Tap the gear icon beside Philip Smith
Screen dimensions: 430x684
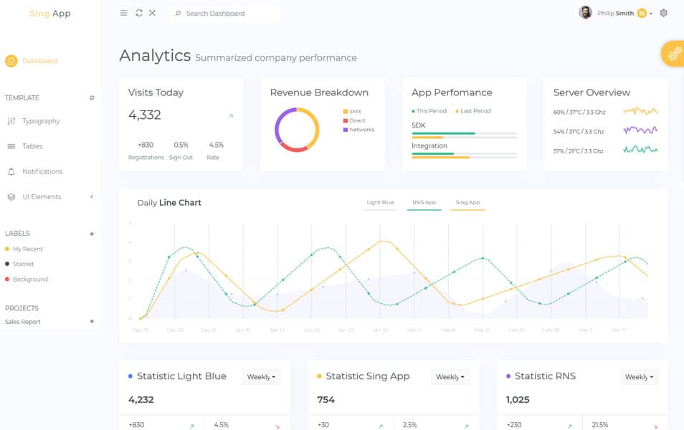(663, 13)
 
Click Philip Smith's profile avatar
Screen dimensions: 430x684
(586, 13)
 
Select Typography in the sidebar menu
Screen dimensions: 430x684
(41, 121)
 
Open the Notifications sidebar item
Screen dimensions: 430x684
(42, 172)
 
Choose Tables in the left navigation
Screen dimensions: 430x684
(32, 146)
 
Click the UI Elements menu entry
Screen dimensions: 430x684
(42, 197)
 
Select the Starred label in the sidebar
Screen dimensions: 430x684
(23, 264)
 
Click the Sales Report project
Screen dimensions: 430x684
(23, 322)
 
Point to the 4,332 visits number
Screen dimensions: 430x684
(145, 115)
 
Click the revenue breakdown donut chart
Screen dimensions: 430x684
(297, 130)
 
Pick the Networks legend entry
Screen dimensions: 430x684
(361, 130)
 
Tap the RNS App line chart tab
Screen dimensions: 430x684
(424, 203)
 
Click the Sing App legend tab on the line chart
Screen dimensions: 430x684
(467, 203)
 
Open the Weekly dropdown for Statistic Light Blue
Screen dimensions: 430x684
(261, 377)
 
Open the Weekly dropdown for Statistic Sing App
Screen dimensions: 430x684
(450, 377)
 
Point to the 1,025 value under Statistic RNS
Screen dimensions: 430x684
(518, 400)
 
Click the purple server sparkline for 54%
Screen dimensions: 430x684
(640, 130)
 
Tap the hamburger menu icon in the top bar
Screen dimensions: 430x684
(124, 13)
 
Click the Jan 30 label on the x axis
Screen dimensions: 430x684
(380, 330)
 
